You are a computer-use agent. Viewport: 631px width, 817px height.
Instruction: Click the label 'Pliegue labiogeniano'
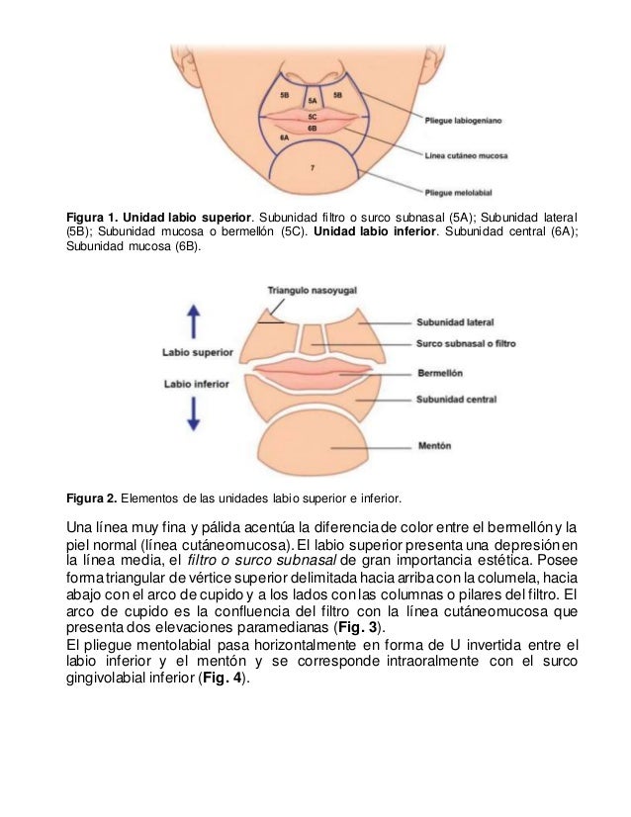[464, 121]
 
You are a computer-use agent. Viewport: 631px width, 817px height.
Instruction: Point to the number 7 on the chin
[313, 169]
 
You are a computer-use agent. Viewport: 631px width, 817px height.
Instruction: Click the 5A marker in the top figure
[313, 101]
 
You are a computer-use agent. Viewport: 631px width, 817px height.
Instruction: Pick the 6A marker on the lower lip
[284, 137]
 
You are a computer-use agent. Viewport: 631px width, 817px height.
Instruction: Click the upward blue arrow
[195, 322]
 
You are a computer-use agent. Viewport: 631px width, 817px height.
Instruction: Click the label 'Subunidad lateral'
[455, 322]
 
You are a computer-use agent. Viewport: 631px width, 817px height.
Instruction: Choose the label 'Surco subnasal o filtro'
[468, 345]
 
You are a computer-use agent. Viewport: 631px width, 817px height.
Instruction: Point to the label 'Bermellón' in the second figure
[443, 374]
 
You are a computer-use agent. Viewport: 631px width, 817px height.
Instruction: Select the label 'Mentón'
[436, 445]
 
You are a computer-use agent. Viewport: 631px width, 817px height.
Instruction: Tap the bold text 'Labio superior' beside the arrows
[198, 351]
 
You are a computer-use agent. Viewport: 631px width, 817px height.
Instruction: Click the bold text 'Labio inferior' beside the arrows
[197, 384]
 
